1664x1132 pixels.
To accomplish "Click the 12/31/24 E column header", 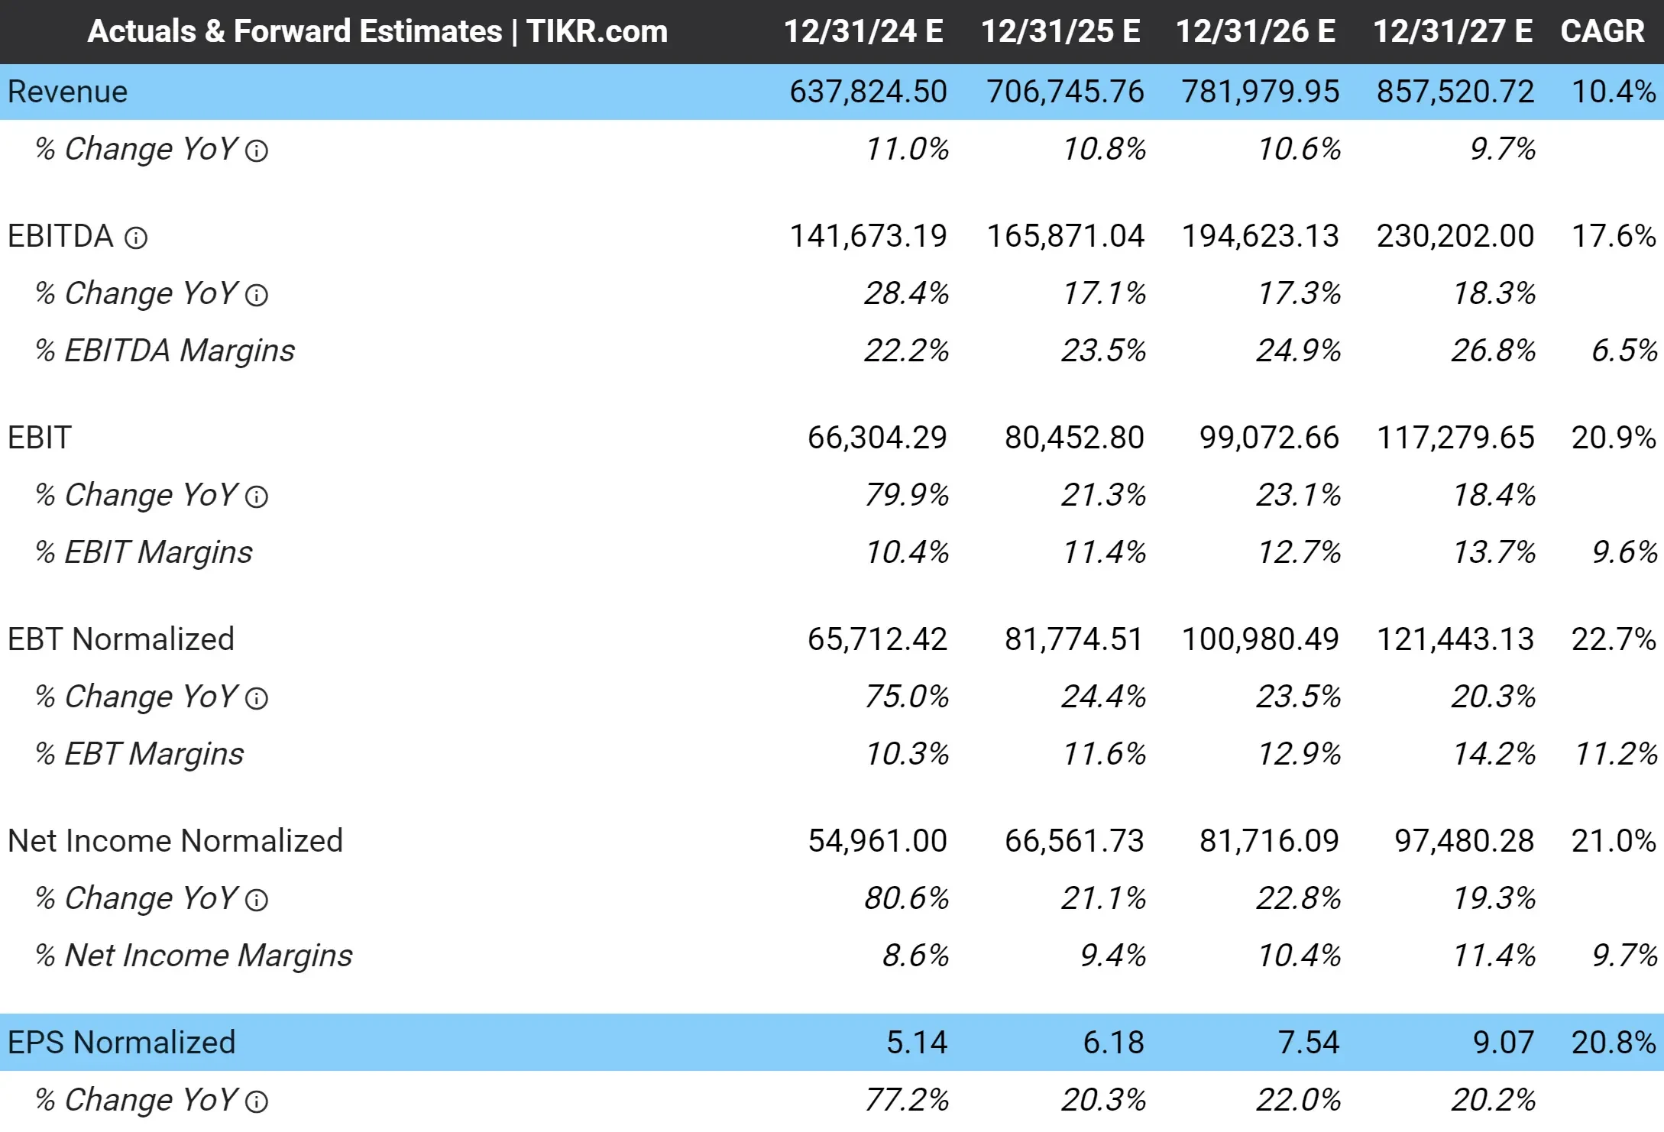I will [x=863, y=31].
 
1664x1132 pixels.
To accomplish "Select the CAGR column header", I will [x=1601, y=31].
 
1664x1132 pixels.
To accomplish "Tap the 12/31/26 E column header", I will [x=1255, y=31].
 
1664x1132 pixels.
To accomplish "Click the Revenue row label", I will [x=67, y=92].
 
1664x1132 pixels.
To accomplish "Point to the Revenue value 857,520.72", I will [x=1455, y=92].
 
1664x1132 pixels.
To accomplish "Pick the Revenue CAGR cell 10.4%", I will [x=1613, y=92].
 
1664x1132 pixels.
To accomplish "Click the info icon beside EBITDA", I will [x=136, y=238].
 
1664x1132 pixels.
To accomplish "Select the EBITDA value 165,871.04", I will [x=1065, y=236].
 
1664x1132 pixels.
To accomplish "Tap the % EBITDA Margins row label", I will [x=164, y=351].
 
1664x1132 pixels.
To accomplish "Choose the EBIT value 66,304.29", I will [x=877, y=438].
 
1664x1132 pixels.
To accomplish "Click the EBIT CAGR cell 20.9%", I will [x=1613, y=438].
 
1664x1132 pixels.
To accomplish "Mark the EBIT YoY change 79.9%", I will [x=906, y=495].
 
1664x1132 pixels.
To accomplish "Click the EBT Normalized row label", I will [x=121, y=639].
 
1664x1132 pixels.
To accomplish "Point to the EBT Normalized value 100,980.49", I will [x=1260, y=639].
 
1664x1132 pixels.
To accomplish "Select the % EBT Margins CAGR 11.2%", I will [x=1615, y=754].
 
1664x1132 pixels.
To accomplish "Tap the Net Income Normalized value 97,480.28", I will [x=1464, y=841].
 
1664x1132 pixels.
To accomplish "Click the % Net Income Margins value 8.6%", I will [x=915, y=956].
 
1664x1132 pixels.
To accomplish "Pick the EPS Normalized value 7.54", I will [x=1308, y=1043].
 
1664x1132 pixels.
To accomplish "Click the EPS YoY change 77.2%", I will [x=906, y=1100].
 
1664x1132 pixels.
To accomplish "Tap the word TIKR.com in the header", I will [x=597, y=31].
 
